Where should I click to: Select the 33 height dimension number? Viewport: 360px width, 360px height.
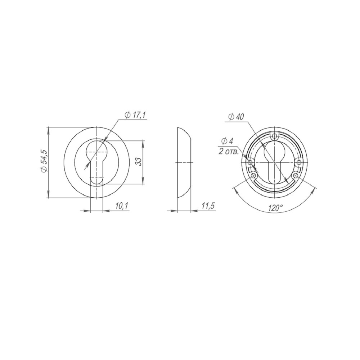[138, 162]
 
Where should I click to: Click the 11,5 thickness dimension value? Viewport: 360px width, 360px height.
[208, 206]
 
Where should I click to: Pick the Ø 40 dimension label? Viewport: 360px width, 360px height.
[236, 117]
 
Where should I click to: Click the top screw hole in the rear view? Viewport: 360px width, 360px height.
[275, 136]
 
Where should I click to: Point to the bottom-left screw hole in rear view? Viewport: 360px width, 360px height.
[253, 176]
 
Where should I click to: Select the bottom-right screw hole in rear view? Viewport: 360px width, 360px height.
[296, 176]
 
